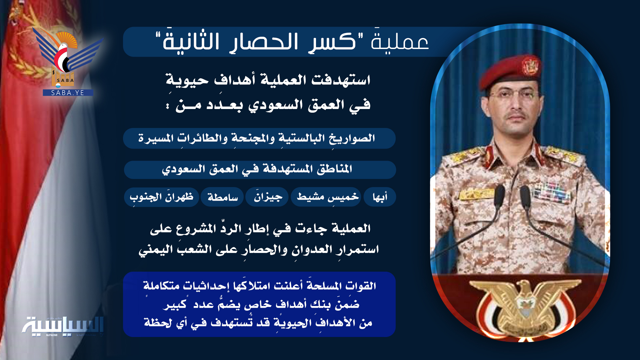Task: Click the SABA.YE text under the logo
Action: [68, 93]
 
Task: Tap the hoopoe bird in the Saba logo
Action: [65, 50]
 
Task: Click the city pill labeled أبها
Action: [380, 197]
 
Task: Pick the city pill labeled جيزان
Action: [267, 197]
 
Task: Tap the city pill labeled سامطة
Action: [222, 197]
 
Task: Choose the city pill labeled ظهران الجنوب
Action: [162, 197]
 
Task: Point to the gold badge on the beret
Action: [530, 66]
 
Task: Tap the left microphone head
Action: [499, 197]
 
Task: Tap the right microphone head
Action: [525, 197]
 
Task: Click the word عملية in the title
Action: [400, 42]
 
